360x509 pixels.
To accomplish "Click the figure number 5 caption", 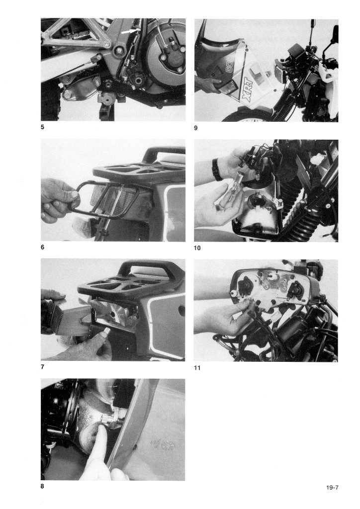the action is [x=42, y=127].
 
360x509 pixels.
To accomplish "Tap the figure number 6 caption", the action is [x=42, y=247].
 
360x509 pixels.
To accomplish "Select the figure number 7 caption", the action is [x=42, y=367].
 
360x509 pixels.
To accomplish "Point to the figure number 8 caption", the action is [x=42, y=486].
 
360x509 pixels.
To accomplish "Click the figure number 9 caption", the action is [x=196, y=128].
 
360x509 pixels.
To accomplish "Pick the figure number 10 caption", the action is [x=197, y=248].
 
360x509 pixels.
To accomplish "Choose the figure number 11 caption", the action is [x=197, y=368].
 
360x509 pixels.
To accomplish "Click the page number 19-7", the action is [x=333, y=487].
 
